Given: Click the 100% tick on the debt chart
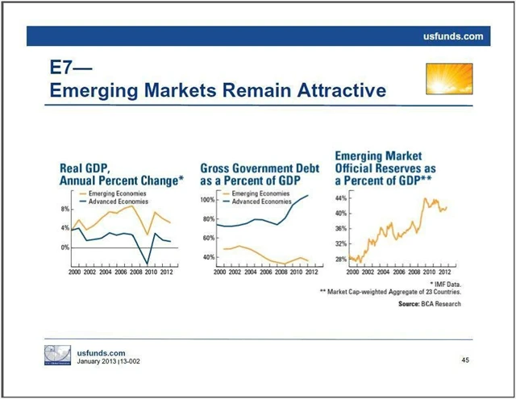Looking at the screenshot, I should pos(206,200).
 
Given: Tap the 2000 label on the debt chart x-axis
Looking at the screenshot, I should pos(219,272).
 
